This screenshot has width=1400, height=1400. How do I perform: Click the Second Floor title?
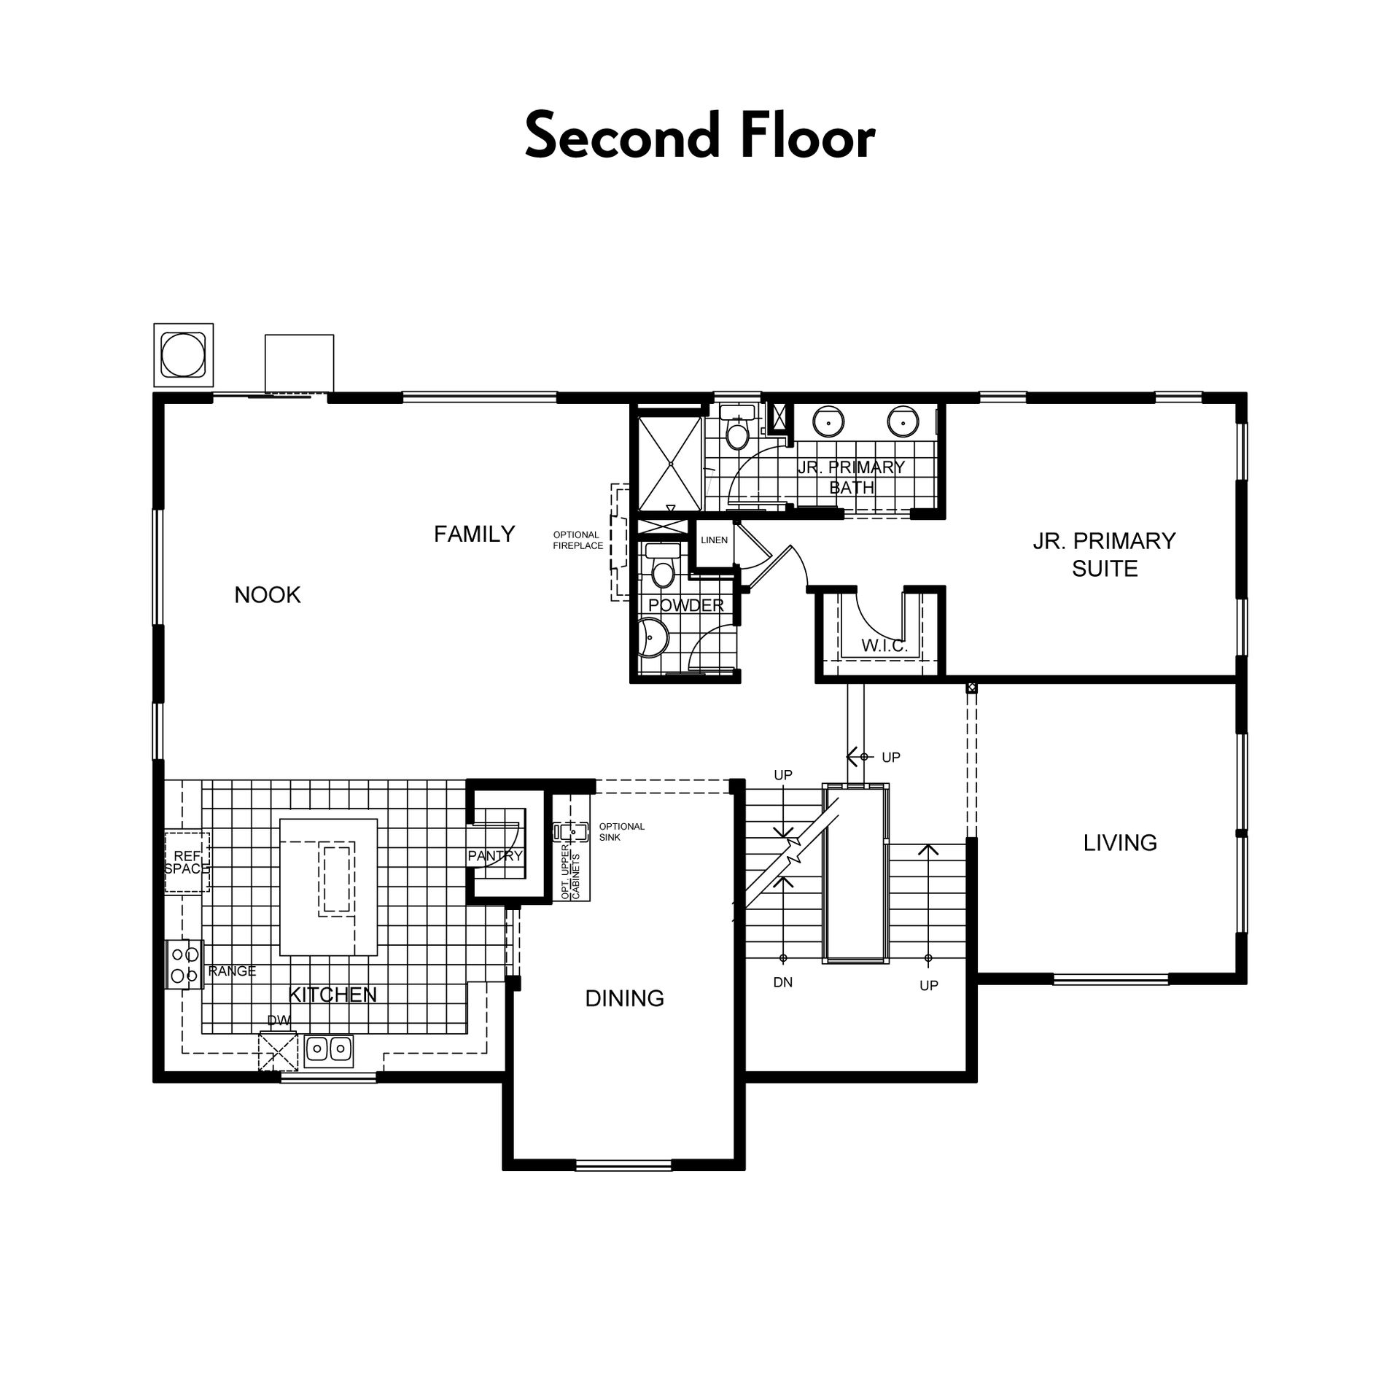tap(700, 136)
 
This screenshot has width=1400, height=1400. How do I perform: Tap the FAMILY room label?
tap(475, 534)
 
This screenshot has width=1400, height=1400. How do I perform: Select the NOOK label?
tap(268, 595)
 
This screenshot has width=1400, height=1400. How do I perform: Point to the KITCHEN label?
tap(332, 995)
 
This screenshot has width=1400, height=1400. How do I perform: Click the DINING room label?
tap(625, 998)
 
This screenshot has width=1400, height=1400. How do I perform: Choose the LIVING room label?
tap(1120, 843)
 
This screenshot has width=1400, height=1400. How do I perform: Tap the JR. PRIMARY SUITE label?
tap(1105, 555)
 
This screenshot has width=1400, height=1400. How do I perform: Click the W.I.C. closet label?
tap(884, 646)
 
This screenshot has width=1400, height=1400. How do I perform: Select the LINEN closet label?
tap(715, 540)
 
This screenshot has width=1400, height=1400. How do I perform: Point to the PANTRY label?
tap(496, 856)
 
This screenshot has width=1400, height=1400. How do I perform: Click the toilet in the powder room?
tap(663, 566)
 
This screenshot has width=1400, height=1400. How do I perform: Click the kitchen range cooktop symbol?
tap(184, 965)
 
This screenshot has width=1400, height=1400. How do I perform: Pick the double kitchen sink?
tap(329, 1049)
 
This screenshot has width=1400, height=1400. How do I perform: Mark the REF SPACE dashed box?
tap(187, 862)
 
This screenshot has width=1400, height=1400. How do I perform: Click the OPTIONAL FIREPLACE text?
tap(578, 540)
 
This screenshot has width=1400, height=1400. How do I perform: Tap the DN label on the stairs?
tap(783, 982)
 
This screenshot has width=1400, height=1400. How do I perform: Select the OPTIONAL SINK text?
tap(622, 832)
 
